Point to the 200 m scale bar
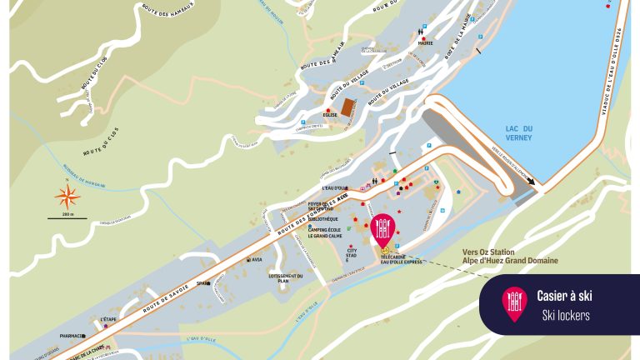tap(68, 217)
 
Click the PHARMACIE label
tap(72, 337)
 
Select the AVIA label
tap(257, 260)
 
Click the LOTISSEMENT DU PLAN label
tap(285, 278)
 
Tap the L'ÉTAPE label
tap(108, 319)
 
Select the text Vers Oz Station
tap(488, 252)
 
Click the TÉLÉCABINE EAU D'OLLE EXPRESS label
tap(402, 260)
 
